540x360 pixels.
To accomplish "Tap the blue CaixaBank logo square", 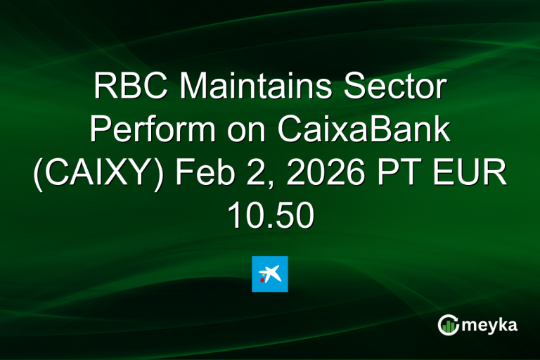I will (x=270, y=274).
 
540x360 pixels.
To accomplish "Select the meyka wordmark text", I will (x=491, y=324).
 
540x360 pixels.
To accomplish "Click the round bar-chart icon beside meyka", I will (x=449, y=324).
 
